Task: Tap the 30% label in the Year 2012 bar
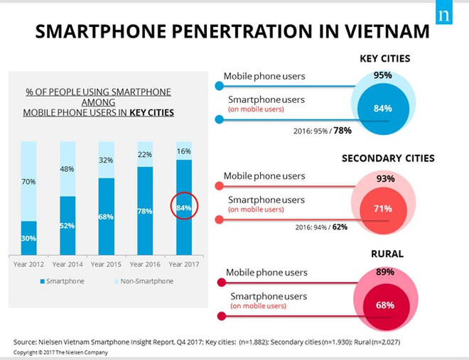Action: click(28, 239)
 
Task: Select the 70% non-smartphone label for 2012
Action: click(28, 182)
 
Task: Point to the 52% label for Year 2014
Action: click(68, 225)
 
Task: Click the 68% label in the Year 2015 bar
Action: click(106, 216)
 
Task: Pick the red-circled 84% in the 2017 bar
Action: click(183, 207)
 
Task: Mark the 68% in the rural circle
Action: click(384, 305)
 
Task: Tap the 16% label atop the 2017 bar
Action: click(183, 151)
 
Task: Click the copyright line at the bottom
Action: click(60, 351)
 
